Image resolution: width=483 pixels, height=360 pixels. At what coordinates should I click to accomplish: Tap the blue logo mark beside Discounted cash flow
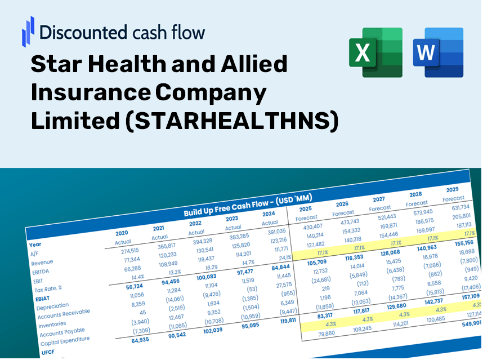pyautogui.click(x=28, y=31)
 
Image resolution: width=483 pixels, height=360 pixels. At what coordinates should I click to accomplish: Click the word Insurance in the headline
pyautogui.click(x=90, y=93)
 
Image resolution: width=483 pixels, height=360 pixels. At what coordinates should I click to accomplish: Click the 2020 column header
pyautogui.click(x=122, y=233)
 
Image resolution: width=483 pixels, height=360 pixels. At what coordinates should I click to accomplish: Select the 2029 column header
pyautogui.click(x=452, y=189)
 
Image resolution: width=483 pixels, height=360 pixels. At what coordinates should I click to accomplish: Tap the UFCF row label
pyautogui.click(x=47, y=352)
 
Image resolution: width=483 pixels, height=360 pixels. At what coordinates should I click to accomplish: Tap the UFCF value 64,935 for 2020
pyautogui.click(x=141, y=340)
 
